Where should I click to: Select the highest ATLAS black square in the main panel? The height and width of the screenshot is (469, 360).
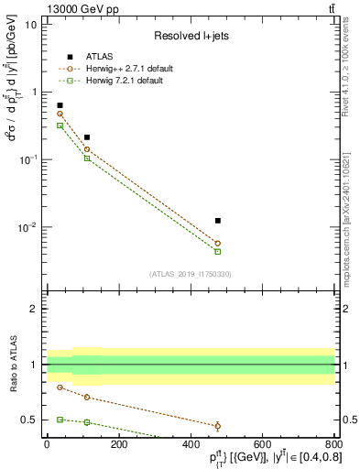[x=60, y=105]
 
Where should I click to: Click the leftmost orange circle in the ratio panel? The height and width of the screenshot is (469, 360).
[x=60, y=387]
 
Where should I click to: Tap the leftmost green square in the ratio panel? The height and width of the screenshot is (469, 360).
[x=60, y=419]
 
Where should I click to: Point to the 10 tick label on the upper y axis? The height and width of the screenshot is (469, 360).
[x=30, y=25]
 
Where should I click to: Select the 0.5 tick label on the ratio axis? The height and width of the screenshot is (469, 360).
[x=29, y=420]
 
